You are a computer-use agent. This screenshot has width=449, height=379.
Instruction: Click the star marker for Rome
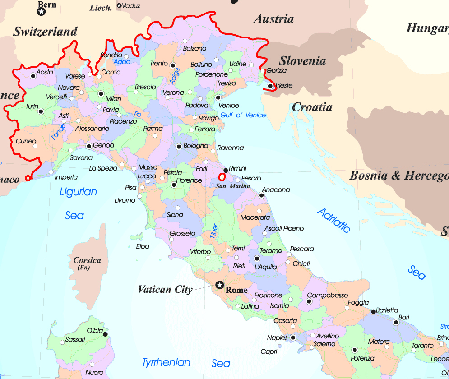(220, 285)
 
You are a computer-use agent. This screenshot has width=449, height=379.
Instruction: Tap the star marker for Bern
(42, 12)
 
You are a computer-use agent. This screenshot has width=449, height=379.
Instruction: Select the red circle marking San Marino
(222, 177)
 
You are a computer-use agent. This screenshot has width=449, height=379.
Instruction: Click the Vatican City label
(165, 290)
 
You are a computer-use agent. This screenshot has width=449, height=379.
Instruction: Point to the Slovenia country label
(302, 61)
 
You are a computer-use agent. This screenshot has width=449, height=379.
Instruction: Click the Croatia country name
(312, 107)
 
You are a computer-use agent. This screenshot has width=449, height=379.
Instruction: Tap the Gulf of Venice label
(243, 115)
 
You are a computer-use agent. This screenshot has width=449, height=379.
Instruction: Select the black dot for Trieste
(270, 86)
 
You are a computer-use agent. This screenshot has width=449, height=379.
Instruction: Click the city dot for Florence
(174, 185)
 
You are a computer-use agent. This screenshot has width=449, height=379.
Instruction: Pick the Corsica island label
(87, 260)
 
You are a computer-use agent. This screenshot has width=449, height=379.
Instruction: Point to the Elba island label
(142, 246)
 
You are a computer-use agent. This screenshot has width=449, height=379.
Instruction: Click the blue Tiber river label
(214, 231)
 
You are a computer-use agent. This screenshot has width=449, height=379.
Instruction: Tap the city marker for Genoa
(89, 146)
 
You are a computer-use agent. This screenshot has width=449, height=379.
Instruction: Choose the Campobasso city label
(327, 296)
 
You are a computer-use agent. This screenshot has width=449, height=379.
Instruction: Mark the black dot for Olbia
(105, 334)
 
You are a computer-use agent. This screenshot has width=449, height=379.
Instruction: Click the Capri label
(269, 351)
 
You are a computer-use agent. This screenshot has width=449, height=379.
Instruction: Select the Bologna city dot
(179, 146)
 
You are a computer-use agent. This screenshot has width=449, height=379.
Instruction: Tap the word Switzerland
(45, 32)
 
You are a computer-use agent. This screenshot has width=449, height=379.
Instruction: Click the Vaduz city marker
(119, 6)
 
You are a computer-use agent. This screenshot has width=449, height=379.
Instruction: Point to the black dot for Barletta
(373, 311)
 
